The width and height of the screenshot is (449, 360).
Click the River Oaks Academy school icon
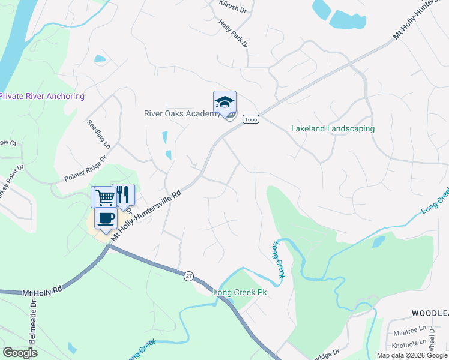click(x=225, y=103)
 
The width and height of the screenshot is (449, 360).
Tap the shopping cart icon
click(x=103, y=197)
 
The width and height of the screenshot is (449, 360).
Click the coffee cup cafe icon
click(x=106, y=218)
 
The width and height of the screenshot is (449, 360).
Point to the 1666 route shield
click(x=251, y=120)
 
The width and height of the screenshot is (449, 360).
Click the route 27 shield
click(x=189, y=275)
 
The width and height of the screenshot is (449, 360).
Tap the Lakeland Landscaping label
click(x=333, y=128)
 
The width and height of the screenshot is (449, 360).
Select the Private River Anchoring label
click(x=42, y=96)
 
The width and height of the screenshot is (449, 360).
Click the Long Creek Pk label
click(x=240, y=292)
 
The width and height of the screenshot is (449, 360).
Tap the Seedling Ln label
click(x=99, y=134)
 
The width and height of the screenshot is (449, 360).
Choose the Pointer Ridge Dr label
click(x=85, y=169)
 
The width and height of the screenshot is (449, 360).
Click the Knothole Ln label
click(x=408, y=346)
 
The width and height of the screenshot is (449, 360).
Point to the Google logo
click(x=20, y=353)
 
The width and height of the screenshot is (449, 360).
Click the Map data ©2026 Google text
click(x=412, y=355)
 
